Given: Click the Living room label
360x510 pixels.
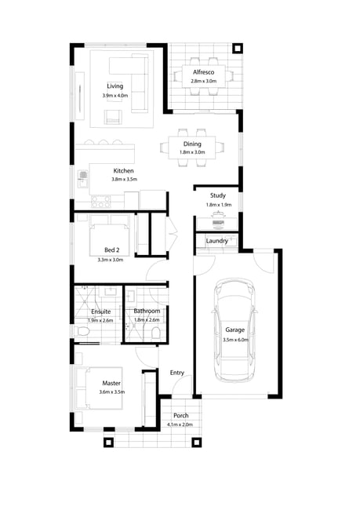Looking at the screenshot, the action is click(115, 86).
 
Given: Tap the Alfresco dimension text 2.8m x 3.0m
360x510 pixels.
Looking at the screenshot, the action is click(204, 81).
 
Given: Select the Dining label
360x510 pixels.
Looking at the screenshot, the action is click(192, 144).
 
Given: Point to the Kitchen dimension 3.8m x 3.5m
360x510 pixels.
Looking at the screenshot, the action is click(124, 179).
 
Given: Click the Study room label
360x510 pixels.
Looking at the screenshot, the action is click(218, 195).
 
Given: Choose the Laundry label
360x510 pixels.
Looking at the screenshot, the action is click(217, 241).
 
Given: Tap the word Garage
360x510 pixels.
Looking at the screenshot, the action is click(235, 330).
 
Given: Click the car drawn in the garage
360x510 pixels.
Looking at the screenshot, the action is click(235, 330).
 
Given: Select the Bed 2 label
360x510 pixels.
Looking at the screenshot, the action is click(112, 250).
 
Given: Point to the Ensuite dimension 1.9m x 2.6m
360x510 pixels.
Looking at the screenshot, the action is click(100, 320).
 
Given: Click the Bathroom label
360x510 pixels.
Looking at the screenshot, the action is click(147, 311).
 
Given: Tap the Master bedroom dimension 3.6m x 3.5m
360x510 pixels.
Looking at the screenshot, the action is click(112, 392).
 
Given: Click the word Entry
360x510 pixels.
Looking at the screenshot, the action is click(177, 373).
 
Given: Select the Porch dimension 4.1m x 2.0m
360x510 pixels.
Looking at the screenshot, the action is click(180, 424).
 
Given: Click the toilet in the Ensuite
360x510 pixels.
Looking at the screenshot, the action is click(82, 331).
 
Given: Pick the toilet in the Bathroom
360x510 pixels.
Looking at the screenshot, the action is click(156, 333).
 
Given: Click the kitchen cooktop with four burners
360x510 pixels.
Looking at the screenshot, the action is click(101, 202).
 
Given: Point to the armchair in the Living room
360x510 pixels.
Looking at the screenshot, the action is click(113, 117).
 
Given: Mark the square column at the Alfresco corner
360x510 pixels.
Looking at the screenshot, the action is click(238, 49).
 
